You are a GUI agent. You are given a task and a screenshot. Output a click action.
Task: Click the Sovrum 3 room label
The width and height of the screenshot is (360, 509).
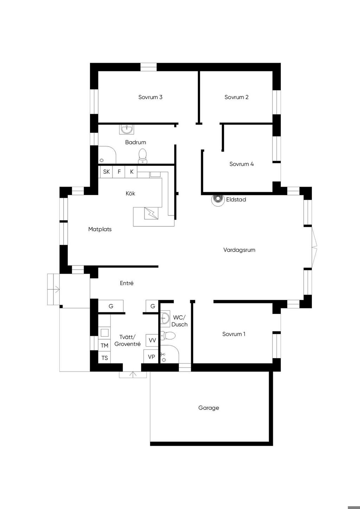pyautogui.click(x=150, y=97)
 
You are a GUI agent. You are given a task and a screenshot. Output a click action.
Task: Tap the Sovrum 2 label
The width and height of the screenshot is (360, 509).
pyautogui.click(x=236, y=97)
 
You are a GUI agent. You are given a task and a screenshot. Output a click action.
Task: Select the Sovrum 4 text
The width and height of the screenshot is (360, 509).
pyautogui.click(x=242, y=164)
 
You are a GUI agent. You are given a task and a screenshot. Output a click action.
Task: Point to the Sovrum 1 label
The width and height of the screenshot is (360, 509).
pyautogui.click(x=234, y=334)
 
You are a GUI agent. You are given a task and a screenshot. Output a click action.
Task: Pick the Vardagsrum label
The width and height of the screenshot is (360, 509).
pyautogui.click(x=239, y=250)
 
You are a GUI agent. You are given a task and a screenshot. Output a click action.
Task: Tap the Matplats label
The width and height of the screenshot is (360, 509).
pyautogui.click(x=100, y=229)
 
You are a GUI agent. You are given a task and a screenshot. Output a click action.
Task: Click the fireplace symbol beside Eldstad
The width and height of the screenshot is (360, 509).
pyautogui.click(x=218, y=199)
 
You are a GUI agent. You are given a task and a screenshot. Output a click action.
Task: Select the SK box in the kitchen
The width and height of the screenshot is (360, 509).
pyautogui.click(x=107, y=172)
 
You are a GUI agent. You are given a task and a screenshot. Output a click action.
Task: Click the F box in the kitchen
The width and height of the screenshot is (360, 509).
pyautogui.click(x=119, y=172)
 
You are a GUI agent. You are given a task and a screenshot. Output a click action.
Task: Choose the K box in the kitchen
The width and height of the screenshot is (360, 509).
pyautogui.click(x=131, y=172)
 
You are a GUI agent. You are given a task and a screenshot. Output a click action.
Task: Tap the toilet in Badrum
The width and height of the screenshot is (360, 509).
pyautogui.click(x=142, y=156)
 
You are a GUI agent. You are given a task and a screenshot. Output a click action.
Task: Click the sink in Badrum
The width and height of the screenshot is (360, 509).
pyautogui.click(x=127, y=129)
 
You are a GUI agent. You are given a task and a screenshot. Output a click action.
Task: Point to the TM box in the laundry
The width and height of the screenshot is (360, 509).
pyautogui.click(x=104, y=346)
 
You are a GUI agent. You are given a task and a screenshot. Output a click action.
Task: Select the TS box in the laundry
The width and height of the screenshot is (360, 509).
pyautogui.click(x=104, y=358)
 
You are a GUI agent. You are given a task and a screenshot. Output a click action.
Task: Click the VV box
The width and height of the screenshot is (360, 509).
pyautogui.click(x=152, y=340)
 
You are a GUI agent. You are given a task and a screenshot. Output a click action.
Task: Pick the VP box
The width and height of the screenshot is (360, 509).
pyautogui.click(x=151, y=357)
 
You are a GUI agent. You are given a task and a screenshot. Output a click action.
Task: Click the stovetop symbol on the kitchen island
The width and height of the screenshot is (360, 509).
pyautogui.click(x=151, y=213)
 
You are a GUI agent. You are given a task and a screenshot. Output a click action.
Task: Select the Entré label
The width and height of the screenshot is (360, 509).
pyautogui.click(x=127, y=283)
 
